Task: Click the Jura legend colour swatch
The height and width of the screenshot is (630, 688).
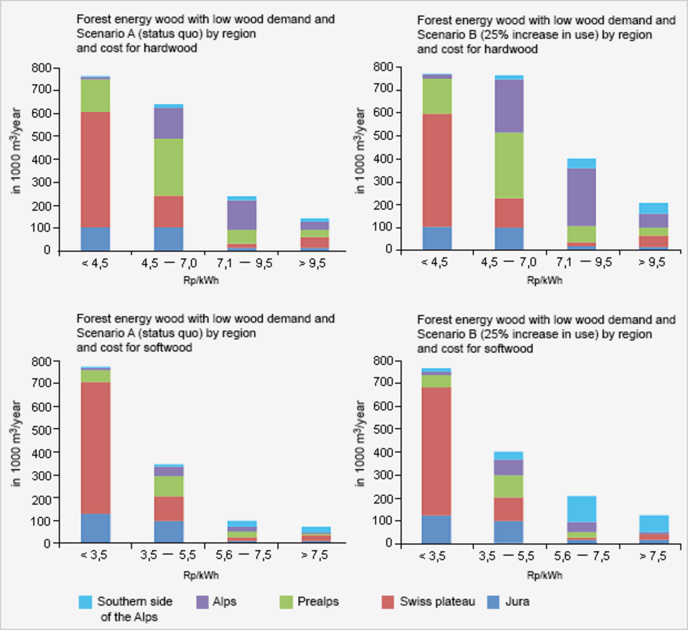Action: pyautogui.click(x=494, y=602)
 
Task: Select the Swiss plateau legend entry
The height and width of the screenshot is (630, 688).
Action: pyautogui.click(x=437, y=602)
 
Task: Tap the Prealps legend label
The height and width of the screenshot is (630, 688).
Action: pyautogui.click(x=317, y=602)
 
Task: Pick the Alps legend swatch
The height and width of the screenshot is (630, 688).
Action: pyautogui.click(x=203, y=602)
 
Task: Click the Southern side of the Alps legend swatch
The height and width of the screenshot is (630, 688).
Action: pyautogui.click(x=85, y=602)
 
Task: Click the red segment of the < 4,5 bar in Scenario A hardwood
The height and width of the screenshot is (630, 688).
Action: pyautogui.click(x=95, y=169)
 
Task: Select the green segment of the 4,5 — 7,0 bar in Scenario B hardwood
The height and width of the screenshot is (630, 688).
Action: pyautogui.click(x=509, y=165)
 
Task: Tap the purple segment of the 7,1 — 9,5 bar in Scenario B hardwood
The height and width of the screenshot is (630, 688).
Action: pyautogui.click(x=581, y=197)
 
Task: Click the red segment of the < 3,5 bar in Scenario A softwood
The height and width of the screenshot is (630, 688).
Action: pyautogui.click(x=95, y=448)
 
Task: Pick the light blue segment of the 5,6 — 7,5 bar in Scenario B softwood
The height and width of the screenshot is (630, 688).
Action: pyautogui.click(x=581, y=509)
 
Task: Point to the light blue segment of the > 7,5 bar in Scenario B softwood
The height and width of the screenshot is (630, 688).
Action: pyautogui.click(x=654, y=524)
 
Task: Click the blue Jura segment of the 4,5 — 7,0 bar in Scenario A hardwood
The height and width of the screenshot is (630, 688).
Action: pyautogui.click(x=169, y=239)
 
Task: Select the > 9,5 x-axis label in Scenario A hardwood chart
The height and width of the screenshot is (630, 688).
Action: pyautogui.click(x=312, y=263)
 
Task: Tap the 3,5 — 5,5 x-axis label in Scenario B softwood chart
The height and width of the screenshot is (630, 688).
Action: pyautogui.click(x=507, y=556)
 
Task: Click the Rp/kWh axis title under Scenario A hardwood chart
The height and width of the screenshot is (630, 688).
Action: pyautogui.click(x=201, y=281)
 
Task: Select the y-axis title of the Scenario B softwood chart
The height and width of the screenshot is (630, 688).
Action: pyautogui.click(x=360, y=444)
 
